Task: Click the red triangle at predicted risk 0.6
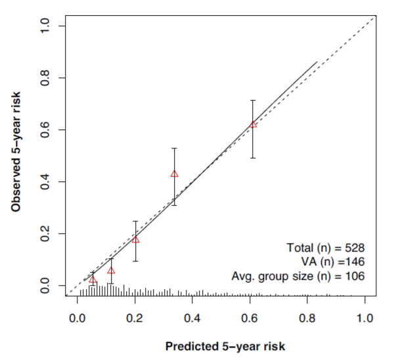(253, 124)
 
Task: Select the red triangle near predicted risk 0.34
(174, 173)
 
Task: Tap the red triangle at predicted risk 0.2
(135, 239)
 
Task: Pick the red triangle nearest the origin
(93, 279)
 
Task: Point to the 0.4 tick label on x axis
(192, 317)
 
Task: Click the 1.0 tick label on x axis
(365, 317)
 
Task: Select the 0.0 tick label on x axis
(77, 317)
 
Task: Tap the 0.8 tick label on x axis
(307, 317)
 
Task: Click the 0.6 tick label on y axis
(44, 129)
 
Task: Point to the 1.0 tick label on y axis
(44, 26)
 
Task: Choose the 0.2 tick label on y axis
(44, 233)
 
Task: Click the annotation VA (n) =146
(332, 262)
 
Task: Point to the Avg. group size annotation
(298, 276)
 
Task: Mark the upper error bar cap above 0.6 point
(253, 100)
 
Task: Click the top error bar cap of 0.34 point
(174, 148)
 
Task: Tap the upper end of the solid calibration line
(317, 62)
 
